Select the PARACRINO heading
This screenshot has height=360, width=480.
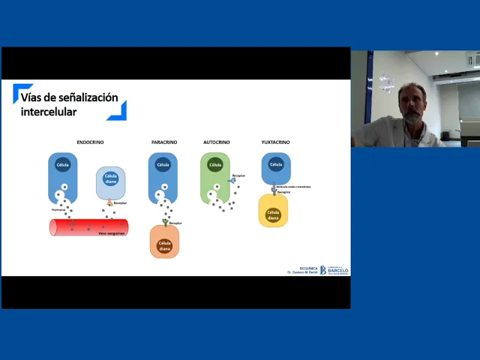coord(163,142)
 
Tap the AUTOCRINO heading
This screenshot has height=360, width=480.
coord(216,142)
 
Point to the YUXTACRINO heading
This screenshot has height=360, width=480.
coord(275,142)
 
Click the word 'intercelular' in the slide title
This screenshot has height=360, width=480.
coord(49,112)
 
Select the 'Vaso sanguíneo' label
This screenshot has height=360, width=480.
coord(111,233)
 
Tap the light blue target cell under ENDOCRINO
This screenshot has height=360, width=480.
coord(111,183)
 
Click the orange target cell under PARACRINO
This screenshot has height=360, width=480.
coord(164,241)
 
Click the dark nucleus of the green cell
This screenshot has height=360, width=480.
coord(215,165)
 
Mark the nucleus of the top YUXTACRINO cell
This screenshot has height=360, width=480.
coord(275,164)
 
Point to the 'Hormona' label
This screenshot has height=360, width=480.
coord(58,210)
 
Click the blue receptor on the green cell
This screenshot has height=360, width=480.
coord(232,180)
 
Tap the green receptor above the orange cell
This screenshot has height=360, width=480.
coord(164,222)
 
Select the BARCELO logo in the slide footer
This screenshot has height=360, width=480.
coord(334,270)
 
